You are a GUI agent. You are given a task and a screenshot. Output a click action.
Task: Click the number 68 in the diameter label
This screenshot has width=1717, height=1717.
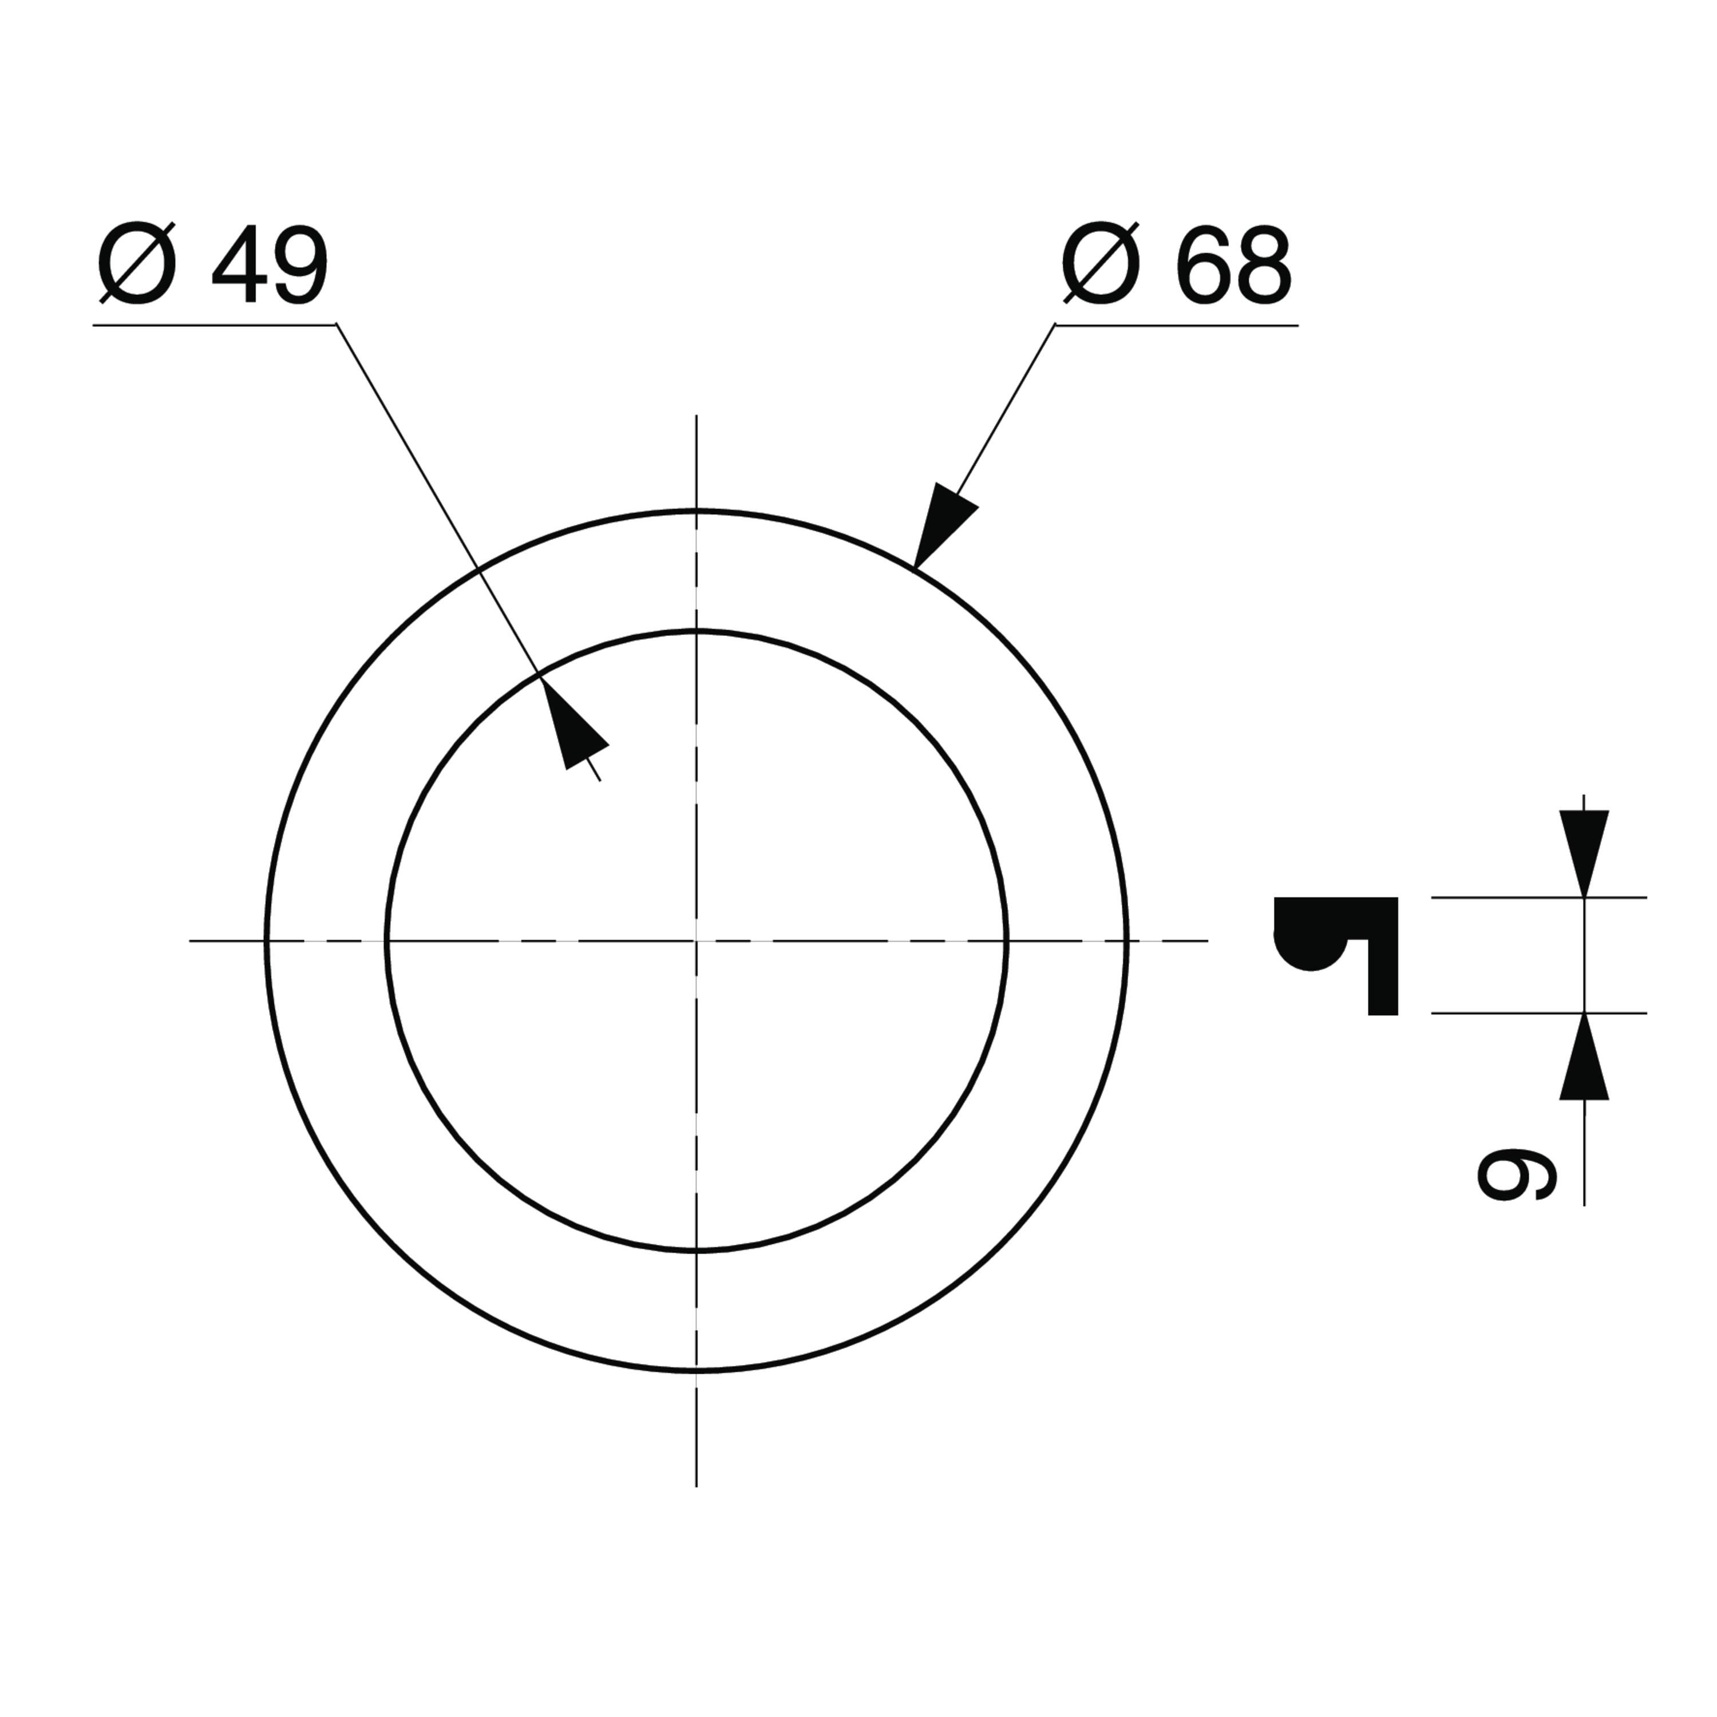coord(1233,264)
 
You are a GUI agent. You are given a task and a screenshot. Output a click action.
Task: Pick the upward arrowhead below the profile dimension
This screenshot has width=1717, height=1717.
coord(1584,1056)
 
